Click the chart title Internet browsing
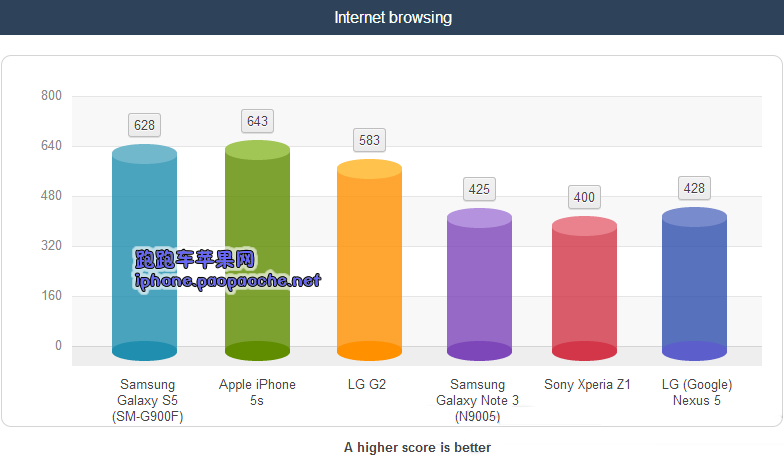(x=392, y=18)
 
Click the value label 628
(x=145, y=125)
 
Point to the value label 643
(x=258, y=121)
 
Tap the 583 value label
(x=370, y=140)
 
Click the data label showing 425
(x=480, y=188)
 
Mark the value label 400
(x=585, y=197)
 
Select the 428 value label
(x=694, y=188)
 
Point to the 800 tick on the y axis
(x=51, y=96)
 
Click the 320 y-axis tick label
(x=51, y=246)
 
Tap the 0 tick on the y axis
(x=58, y=346)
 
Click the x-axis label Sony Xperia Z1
(x=587, y=384)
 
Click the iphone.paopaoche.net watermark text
(x=228, y=281)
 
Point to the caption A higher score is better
(x=417, y=447)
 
